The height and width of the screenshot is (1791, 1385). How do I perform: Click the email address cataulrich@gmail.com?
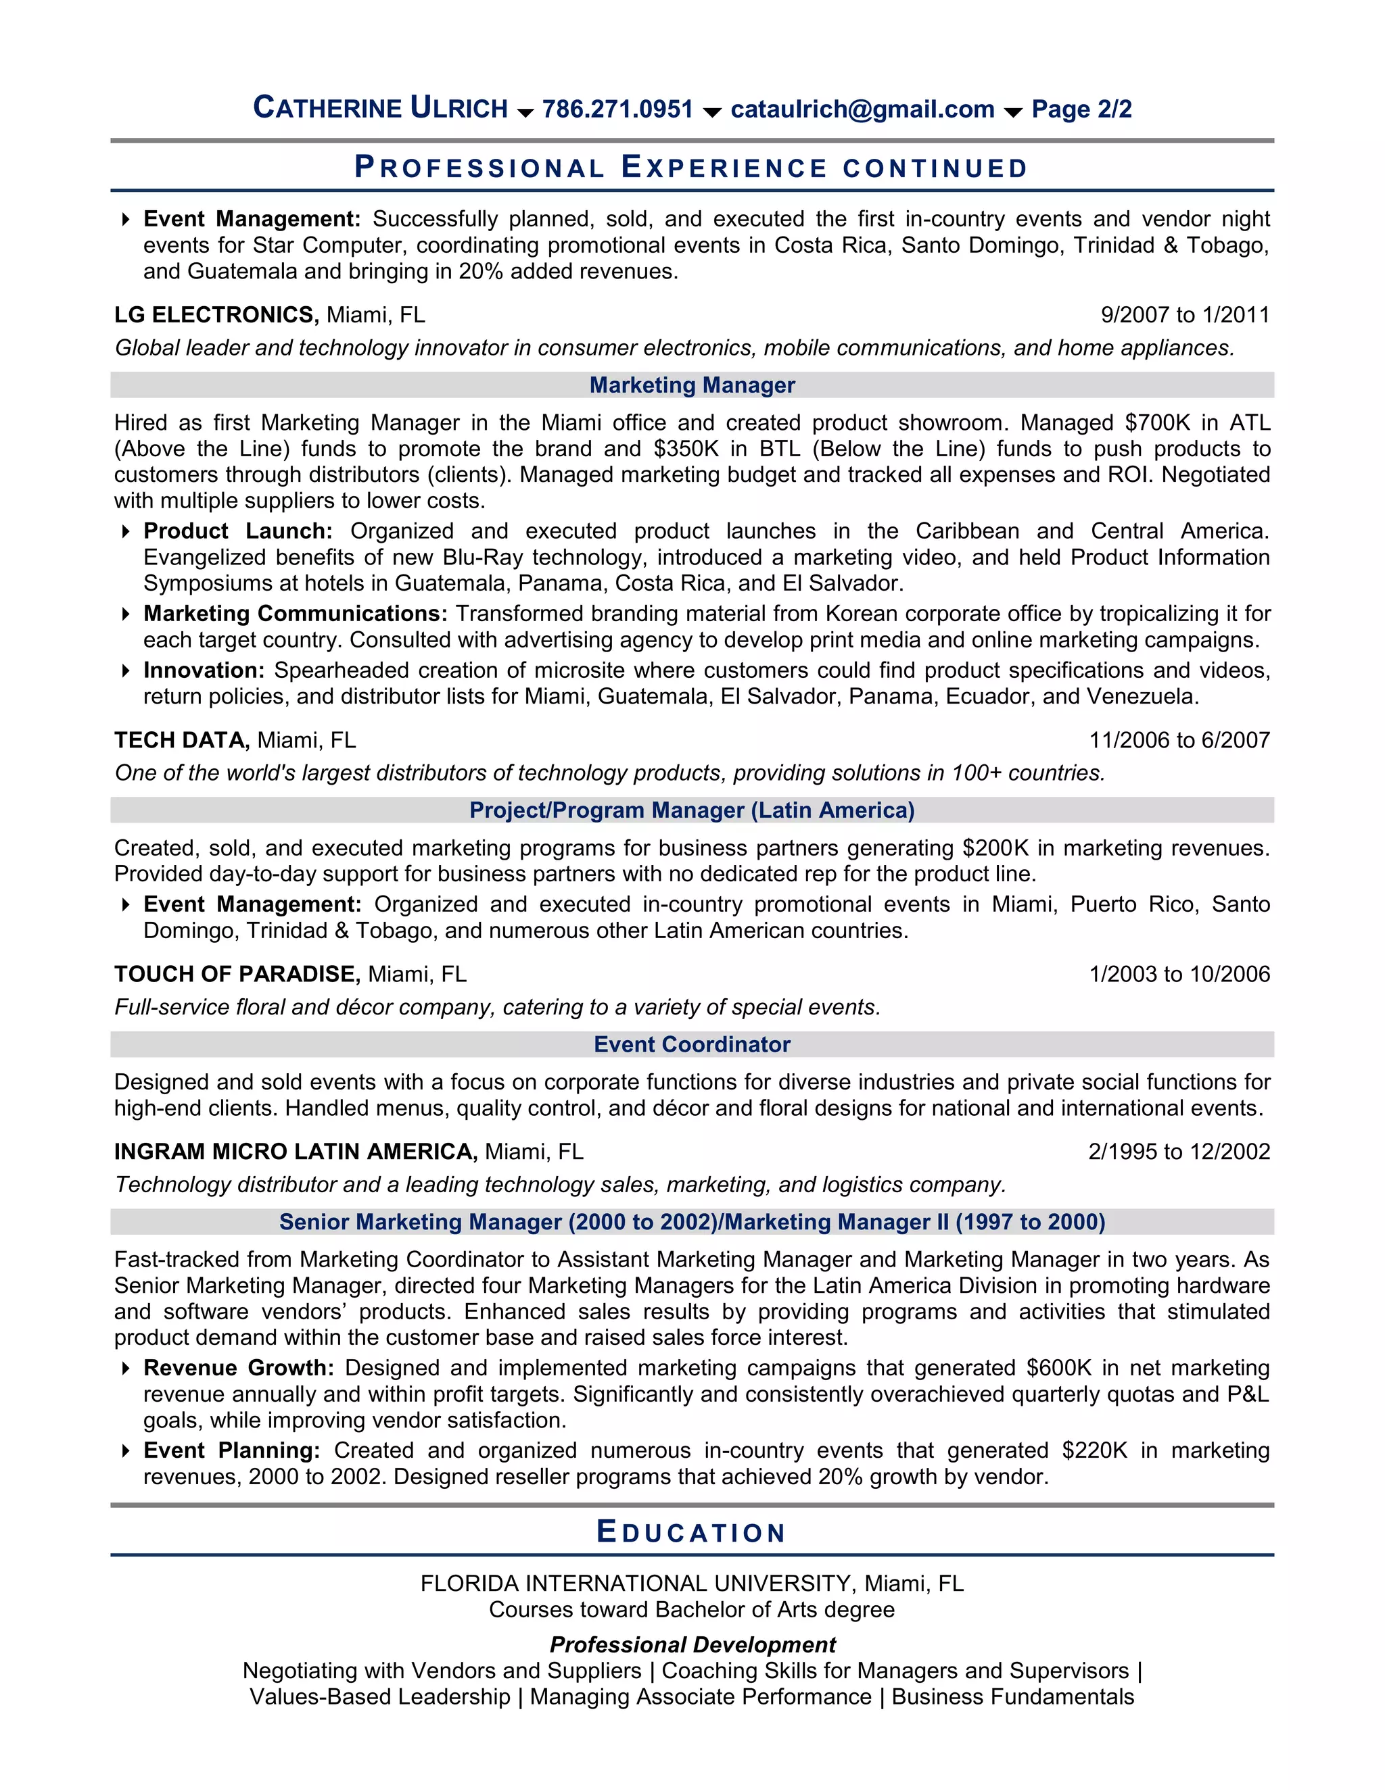862,109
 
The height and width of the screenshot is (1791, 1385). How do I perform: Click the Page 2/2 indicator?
1081,109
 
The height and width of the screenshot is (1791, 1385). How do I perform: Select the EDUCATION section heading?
692,1532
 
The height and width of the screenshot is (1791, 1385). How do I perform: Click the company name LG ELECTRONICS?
216,315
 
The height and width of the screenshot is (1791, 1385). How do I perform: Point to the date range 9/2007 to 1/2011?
1184,315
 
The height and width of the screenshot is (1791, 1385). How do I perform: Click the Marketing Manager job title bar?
692,385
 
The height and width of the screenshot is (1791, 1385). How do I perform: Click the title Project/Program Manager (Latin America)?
692,810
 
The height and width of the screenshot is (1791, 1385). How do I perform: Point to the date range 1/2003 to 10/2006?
1179,974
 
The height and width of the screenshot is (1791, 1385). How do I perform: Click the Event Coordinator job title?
692,1044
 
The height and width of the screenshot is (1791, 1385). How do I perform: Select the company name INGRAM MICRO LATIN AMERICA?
296,1152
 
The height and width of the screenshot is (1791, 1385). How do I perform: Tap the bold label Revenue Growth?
238,1368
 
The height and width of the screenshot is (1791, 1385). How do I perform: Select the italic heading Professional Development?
692,1644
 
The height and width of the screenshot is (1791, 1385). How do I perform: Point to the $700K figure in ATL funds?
1157,422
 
